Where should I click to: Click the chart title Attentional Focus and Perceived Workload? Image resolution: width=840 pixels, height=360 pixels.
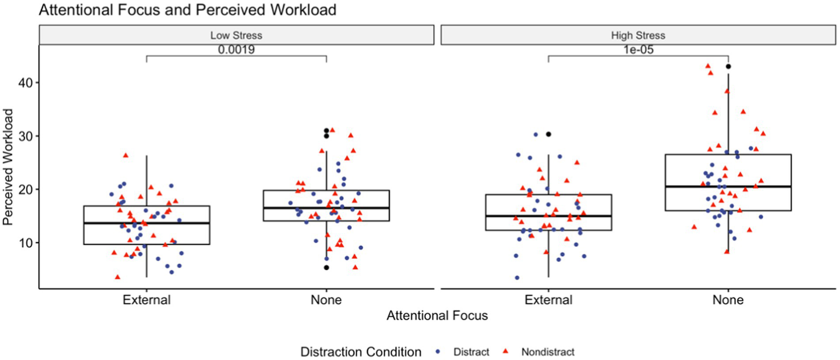[188, 9]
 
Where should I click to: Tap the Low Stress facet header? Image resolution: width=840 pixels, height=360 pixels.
[236, 36]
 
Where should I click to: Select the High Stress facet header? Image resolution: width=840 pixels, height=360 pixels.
[638, 36]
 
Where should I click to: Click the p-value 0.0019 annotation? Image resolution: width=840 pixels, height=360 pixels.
[236, 49]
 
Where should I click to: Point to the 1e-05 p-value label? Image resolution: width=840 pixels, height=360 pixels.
[638, 49]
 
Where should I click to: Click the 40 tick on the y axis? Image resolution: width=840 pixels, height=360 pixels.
[25, 83]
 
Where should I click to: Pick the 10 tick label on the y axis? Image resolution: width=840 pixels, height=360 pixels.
[25, 243]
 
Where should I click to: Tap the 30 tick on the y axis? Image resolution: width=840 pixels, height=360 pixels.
[25, 136]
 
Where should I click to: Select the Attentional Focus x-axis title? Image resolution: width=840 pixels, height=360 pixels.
[437, 316]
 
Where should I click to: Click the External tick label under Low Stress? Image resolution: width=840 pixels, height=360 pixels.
[147, 300]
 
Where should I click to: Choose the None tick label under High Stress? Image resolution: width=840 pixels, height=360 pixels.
[728, 300]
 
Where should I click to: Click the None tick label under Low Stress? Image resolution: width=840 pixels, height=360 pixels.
[326, 300]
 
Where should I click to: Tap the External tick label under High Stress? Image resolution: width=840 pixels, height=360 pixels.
[548, 300]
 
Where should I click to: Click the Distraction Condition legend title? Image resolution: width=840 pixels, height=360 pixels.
[361, 351]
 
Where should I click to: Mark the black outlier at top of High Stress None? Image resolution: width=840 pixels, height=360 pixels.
[728, 67]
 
